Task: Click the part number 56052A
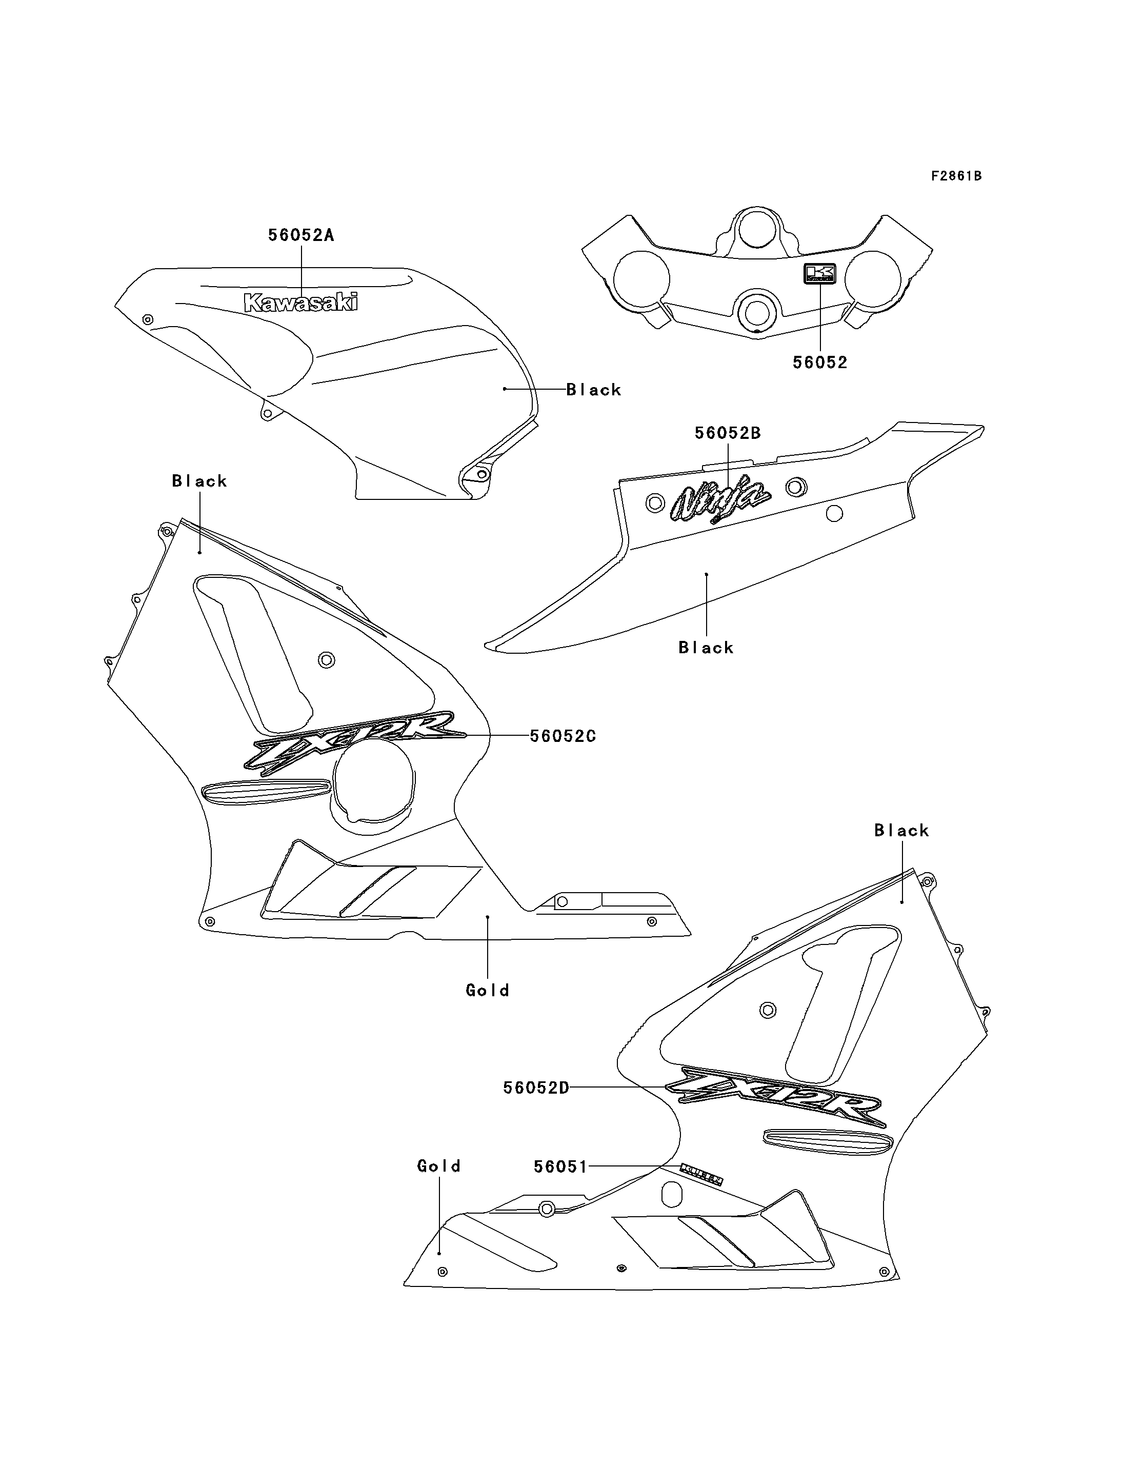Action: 301,235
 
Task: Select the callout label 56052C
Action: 563,736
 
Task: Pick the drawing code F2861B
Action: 956,176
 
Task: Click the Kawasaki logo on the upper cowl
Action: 301,303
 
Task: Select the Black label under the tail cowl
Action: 706,647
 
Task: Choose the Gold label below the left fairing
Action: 488,990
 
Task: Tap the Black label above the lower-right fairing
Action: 901,830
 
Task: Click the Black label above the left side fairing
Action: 199,480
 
